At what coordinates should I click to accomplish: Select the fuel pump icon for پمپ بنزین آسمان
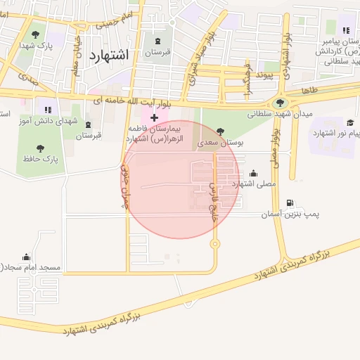point(289,202)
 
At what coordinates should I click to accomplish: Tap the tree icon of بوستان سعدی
point(221,131)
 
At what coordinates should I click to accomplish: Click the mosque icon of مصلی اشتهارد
point(253,173)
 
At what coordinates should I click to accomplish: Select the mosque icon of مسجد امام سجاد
point(27,257)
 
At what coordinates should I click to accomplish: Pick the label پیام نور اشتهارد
point(335,133)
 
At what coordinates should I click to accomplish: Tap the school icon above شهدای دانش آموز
point(48,110)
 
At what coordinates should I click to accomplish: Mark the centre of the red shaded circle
point(180,179)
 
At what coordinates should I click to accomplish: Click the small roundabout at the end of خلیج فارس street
point(214,244)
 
